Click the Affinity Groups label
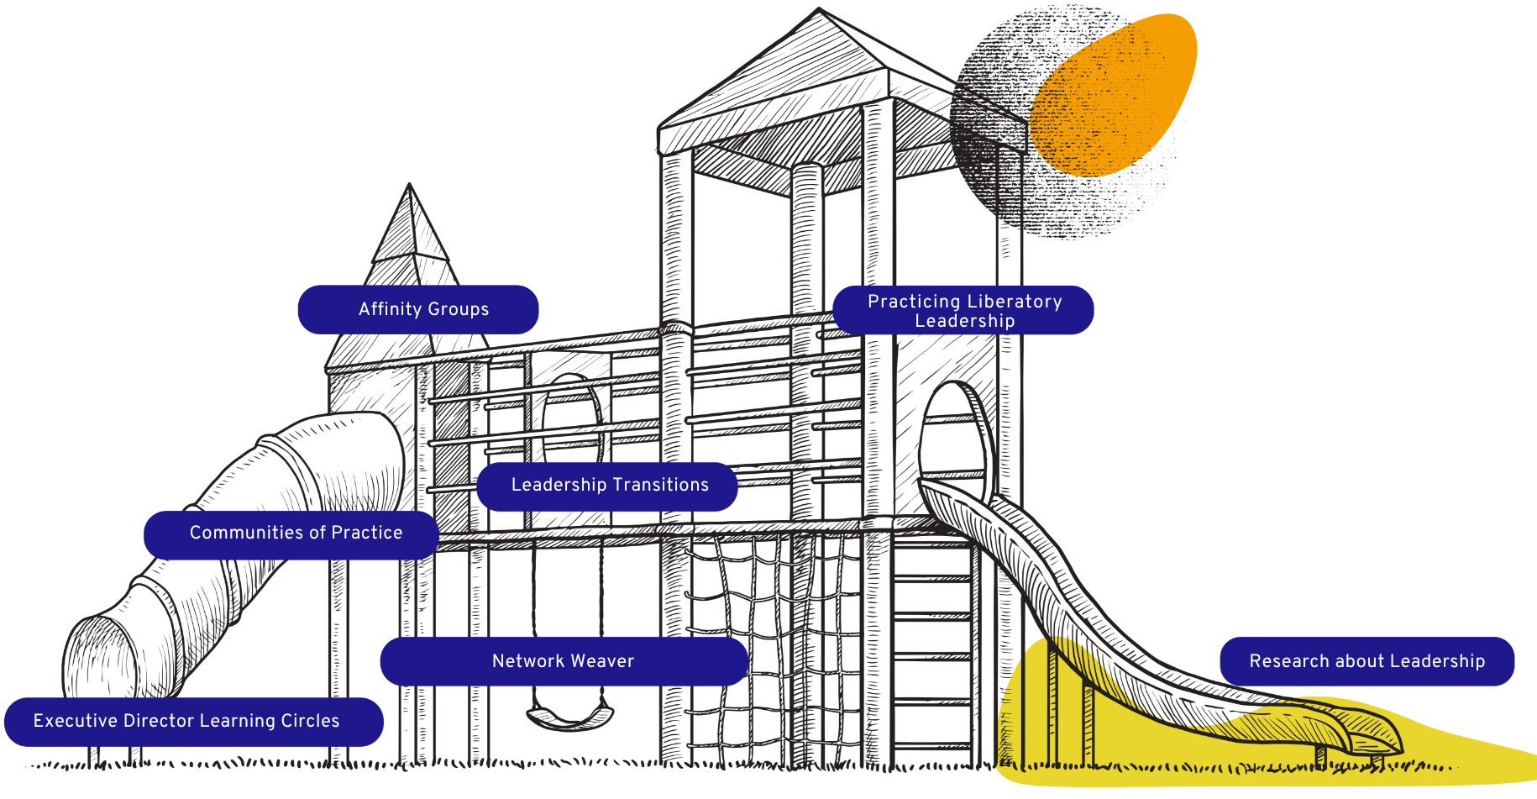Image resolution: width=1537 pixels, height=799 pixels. (418, 309)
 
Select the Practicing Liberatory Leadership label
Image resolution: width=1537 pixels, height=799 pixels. (963, 310)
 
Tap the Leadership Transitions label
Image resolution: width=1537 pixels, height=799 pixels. (607, 486)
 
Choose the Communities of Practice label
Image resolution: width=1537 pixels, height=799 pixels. (291, 534)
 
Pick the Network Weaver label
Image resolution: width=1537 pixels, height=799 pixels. (564, 661)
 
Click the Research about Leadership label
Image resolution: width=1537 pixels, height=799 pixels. (1367, 661)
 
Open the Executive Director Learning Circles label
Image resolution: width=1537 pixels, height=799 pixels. (194, 722)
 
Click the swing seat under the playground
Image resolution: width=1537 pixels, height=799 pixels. (569, 717)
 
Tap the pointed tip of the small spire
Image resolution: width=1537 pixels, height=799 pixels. (409, 184)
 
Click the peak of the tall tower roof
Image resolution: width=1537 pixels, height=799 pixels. (819, 9)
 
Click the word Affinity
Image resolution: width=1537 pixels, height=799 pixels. (390, 309)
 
